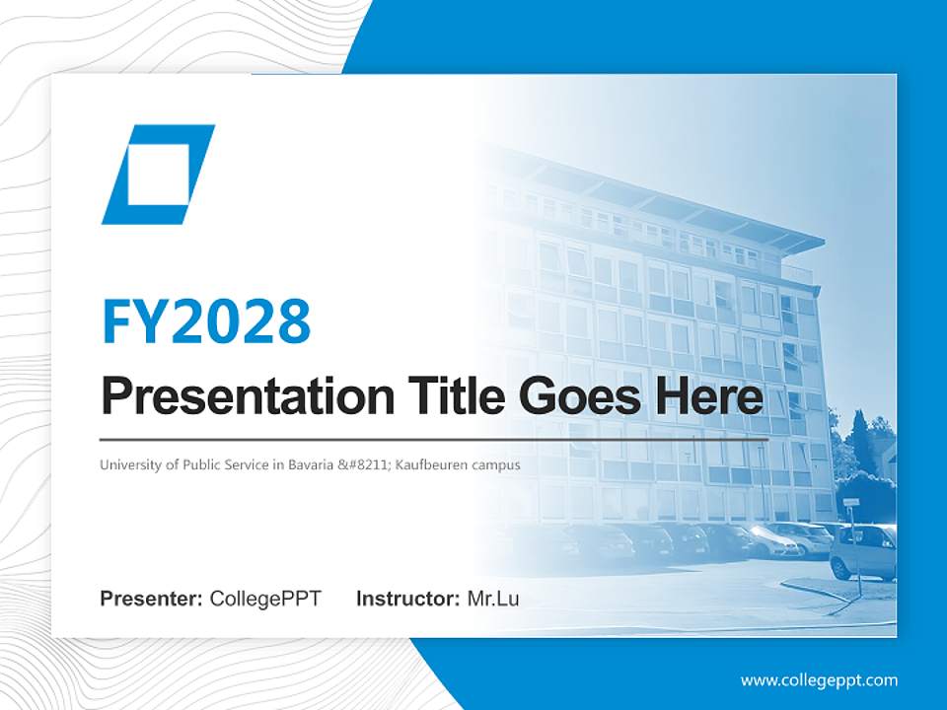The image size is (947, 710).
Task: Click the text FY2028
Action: click(206, 321)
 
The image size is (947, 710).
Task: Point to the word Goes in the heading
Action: click(577, 396)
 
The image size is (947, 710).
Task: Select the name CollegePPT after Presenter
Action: click(265, 599)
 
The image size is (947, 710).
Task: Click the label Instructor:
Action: click(407, 599)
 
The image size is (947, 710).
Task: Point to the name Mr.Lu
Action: click(493, 599)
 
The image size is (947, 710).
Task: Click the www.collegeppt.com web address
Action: click(819, 680)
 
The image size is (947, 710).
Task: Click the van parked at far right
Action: click(864, 552)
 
